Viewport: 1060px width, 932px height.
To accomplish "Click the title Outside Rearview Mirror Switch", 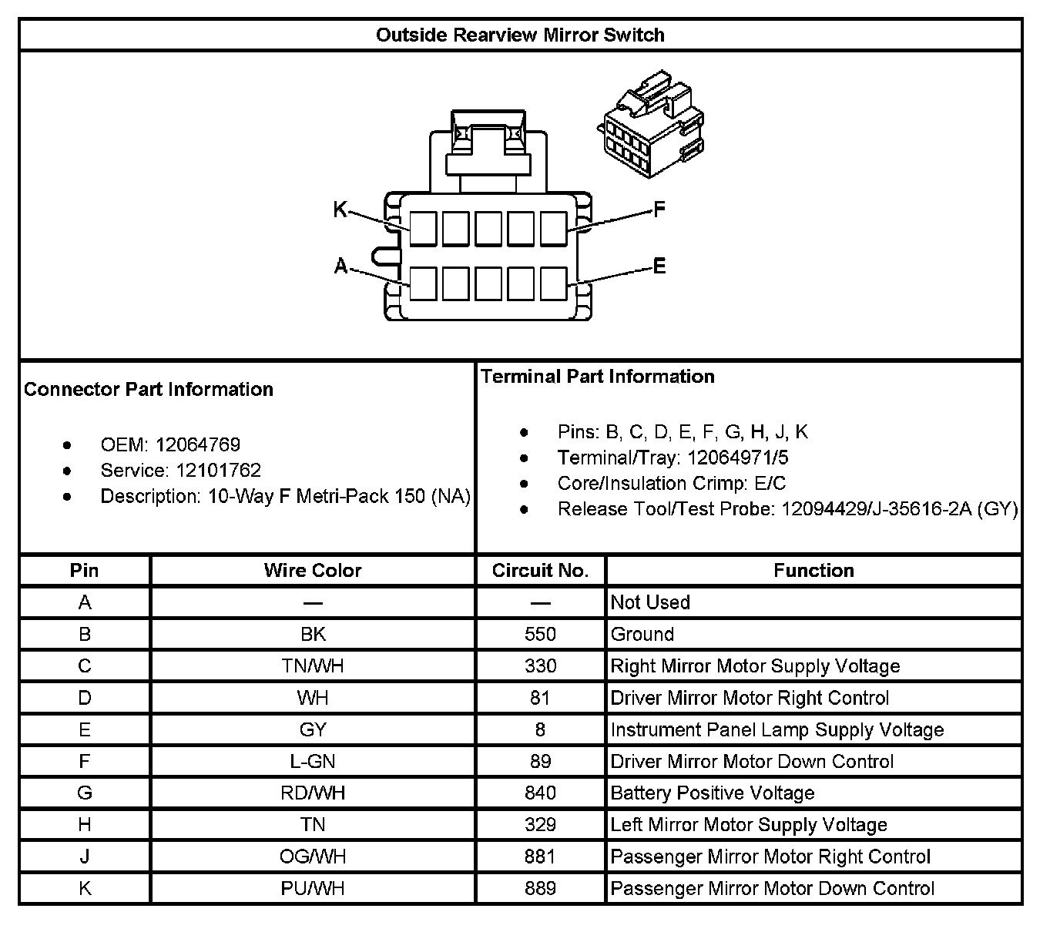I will tap(520, 35).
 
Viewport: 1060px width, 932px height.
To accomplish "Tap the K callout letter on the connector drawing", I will tap(340, 210).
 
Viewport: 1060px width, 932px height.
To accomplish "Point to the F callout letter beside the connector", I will tap(659, 210).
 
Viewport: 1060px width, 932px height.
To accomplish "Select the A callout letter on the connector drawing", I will tap(340, 267).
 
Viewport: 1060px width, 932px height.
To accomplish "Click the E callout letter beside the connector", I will tap(659, 267).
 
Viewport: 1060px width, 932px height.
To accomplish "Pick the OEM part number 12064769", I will tap(198, 444).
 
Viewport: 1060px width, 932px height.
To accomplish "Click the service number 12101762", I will tap(219, 470).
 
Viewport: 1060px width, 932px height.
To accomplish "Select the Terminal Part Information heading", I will tap(598, 377).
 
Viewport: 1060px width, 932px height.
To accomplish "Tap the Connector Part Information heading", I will tap(149, 389).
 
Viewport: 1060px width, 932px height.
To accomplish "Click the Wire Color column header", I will tap(313, 571).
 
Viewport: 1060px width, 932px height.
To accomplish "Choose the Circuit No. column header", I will tap(540, 571).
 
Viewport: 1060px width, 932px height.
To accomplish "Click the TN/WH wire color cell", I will tap(313, 666).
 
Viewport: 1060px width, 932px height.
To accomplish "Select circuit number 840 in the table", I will tap(540, 793).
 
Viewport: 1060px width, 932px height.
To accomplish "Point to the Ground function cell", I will tap(642, 634).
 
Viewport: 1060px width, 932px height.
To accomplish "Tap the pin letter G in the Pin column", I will tap(85, 793).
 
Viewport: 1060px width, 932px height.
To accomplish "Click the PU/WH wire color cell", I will tap(313, 888).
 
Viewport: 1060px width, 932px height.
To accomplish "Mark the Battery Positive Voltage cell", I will tap(713, 793).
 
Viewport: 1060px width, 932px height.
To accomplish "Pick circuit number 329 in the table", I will tap(540, 825).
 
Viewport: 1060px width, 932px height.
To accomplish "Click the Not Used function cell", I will tap(650, 602).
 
